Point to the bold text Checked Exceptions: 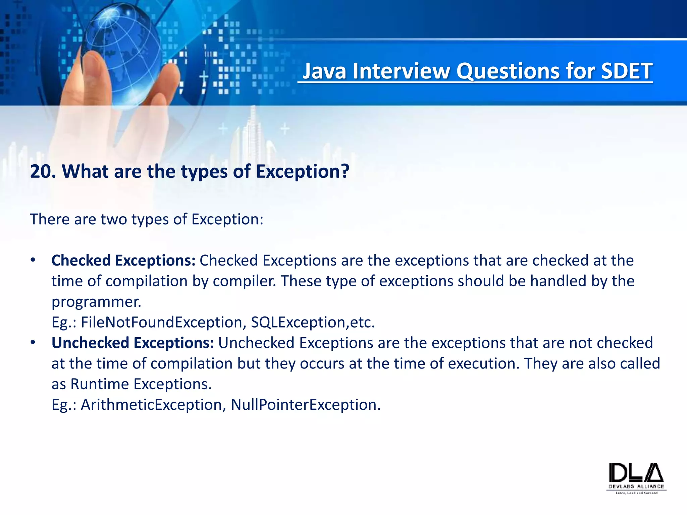coord(123,261)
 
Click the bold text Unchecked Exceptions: coord(133,343)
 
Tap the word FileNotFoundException coord(161,323)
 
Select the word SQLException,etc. coord(313,323)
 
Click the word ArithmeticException coord(151,405)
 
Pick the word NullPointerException coord(305,405)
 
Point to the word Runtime coord(100,384)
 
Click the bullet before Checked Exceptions coord(33,261)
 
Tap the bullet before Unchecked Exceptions coord(33,343)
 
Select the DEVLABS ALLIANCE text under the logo coord(636,487)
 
